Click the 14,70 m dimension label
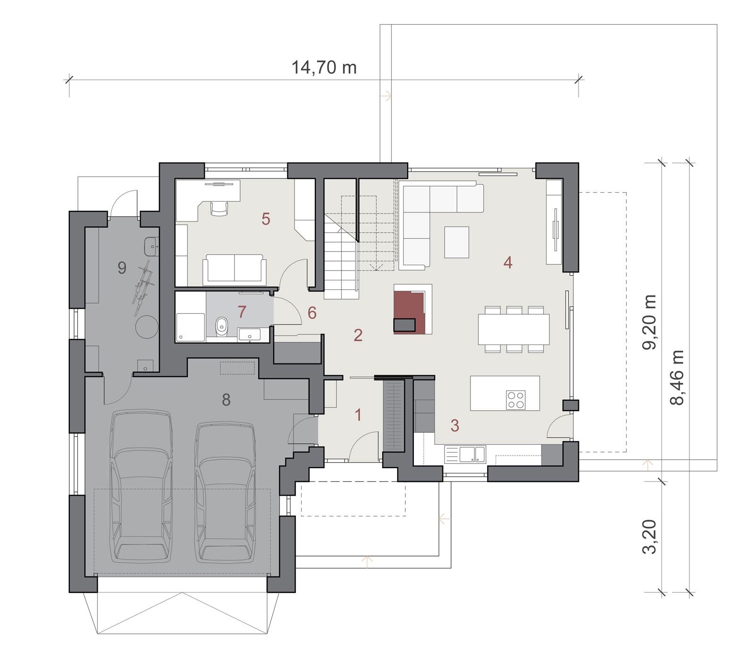pyautogui.click(x=324, y=67)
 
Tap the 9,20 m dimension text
pyautogui.click(x=650, y=322)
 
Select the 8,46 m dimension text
pyautogui.click(x=677, y=378)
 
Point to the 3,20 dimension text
pyautogui.click(x=650, y=537)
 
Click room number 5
pyautogui.click(x=266, y=219)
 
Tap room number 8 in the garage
pyautogui.click(x=226, y=400)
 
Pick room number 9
pyautogui.click(x=122, y=268)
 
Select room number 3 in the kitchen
pyautogui.click(x=454, y=425)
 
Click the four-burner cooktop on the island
pyautogui.click(x=515, y=399)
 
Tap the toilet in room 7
pyautogui.click(x=221, y=326)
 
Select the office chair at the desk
pyautogui.click(x=218, y=207)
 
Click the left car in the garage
pyautogui.click(x=141, y=487)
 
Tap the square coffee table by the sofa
pyautogui.click(x=457, y=242)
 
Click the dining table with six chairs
pyautogui.click(x=513, y=329)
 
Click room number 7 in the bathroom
pyautogui.click(x=242, y=312)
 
